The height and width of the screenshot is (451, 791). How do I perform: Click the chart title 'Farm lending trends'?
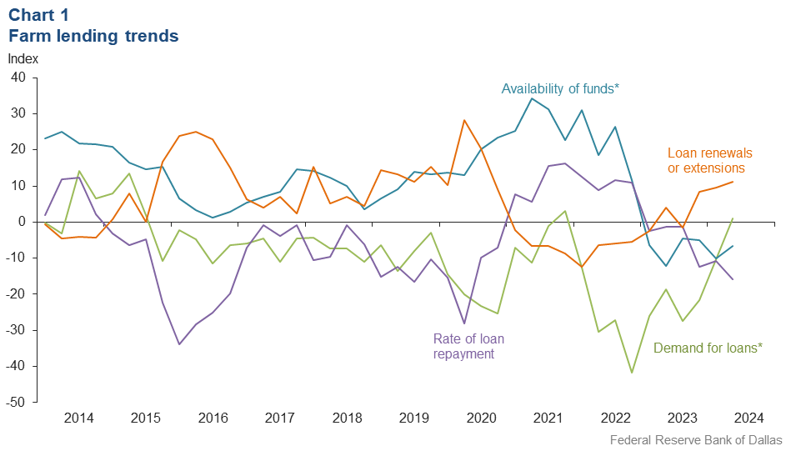(x=93, y=36)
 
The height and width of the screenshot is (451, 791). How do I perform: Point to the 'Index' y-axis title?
(x=23, y=59)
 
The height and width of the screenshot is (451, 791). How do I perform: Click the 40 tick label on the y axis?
(x=19, y=78)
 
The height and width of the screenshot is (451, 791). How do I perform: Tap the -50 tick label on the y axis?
(x=17, y=403)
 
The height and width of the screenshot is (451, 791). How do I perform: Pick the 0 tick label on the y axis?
(x=23, y=222)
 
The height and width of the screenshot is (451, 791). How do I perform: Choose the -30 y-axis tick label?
(x=17, y=330)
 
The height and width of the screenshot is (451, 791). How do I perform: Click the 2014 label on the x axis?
(x=78, y=418)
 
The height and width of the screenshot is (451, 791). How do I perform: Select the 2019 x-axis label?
(x=413, y=418)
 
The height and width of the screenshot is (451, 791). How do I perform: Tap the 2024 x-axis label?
(x=749, y=418)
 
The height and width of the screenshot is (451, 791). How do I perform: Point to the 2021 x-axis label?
(x=548, y=418)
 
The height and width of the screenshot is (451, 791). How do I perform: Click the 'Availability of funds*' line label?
(x=560, y=88)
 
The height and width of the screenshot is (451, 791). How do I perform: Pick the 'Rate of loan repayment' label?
(x=468, y=346)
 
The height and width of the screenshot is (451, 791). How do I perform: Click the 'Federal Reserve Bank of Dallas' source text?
(x=696, y=439)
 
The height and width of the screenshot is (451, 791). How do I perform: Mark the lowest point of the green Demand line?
(x=632, y=373)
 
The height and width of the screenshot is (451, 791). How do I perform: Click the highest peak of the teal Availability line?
(x=532, y=98)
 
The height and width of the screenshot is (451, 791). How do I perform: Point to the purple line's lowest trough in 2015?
(x=178, y=344)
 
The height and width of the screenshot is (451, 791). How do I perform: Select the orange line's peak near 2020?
(x=464, y=120)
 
